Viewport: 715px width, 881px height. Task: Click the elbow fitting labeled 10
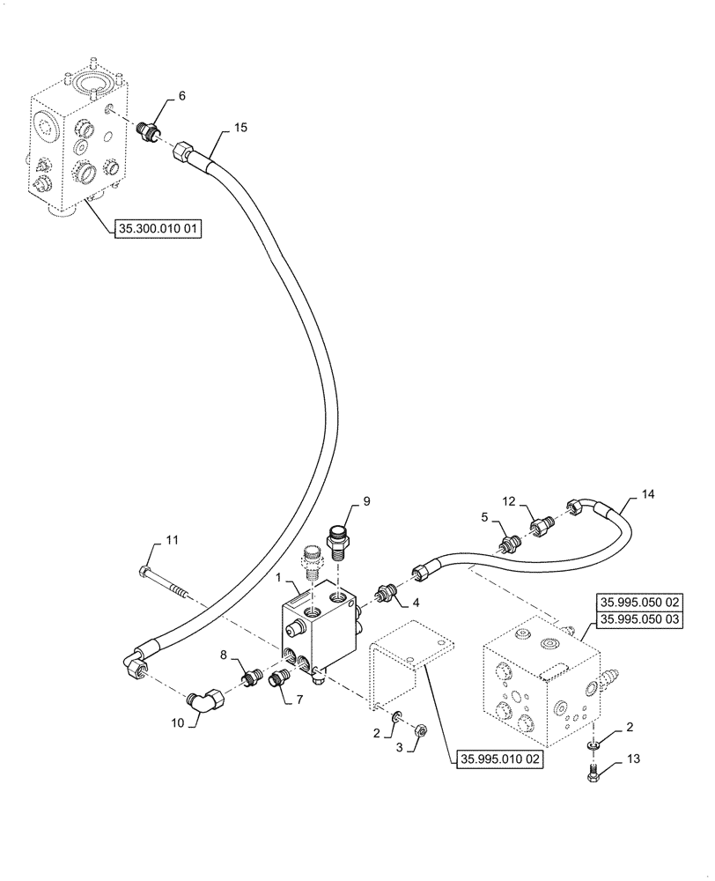coord(208,702)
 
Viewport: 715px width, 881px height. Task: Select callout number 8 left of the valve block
coord(224,656)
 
